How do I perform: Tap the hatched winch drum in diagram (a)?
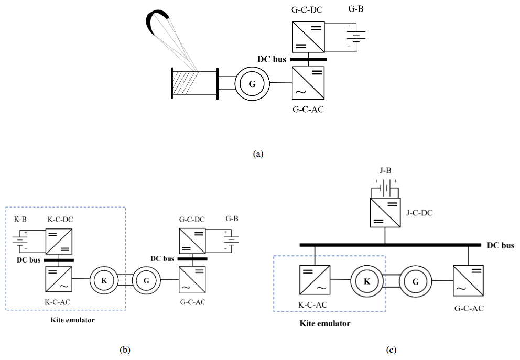(194, 83)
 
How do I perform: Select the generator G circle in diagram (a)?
(252, 83)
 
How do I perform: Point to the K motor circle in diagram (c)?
(367, 281)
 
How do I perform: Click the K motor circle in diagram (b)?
(104, 280)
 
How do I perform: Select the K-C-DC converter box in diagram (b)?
(59, 243)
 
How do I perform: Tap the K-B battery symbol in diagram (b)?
(20, 243)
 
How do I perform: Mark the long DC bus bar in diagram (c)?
(390, 245)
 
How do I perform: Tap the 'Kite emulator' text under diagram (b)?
(73, 319)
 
